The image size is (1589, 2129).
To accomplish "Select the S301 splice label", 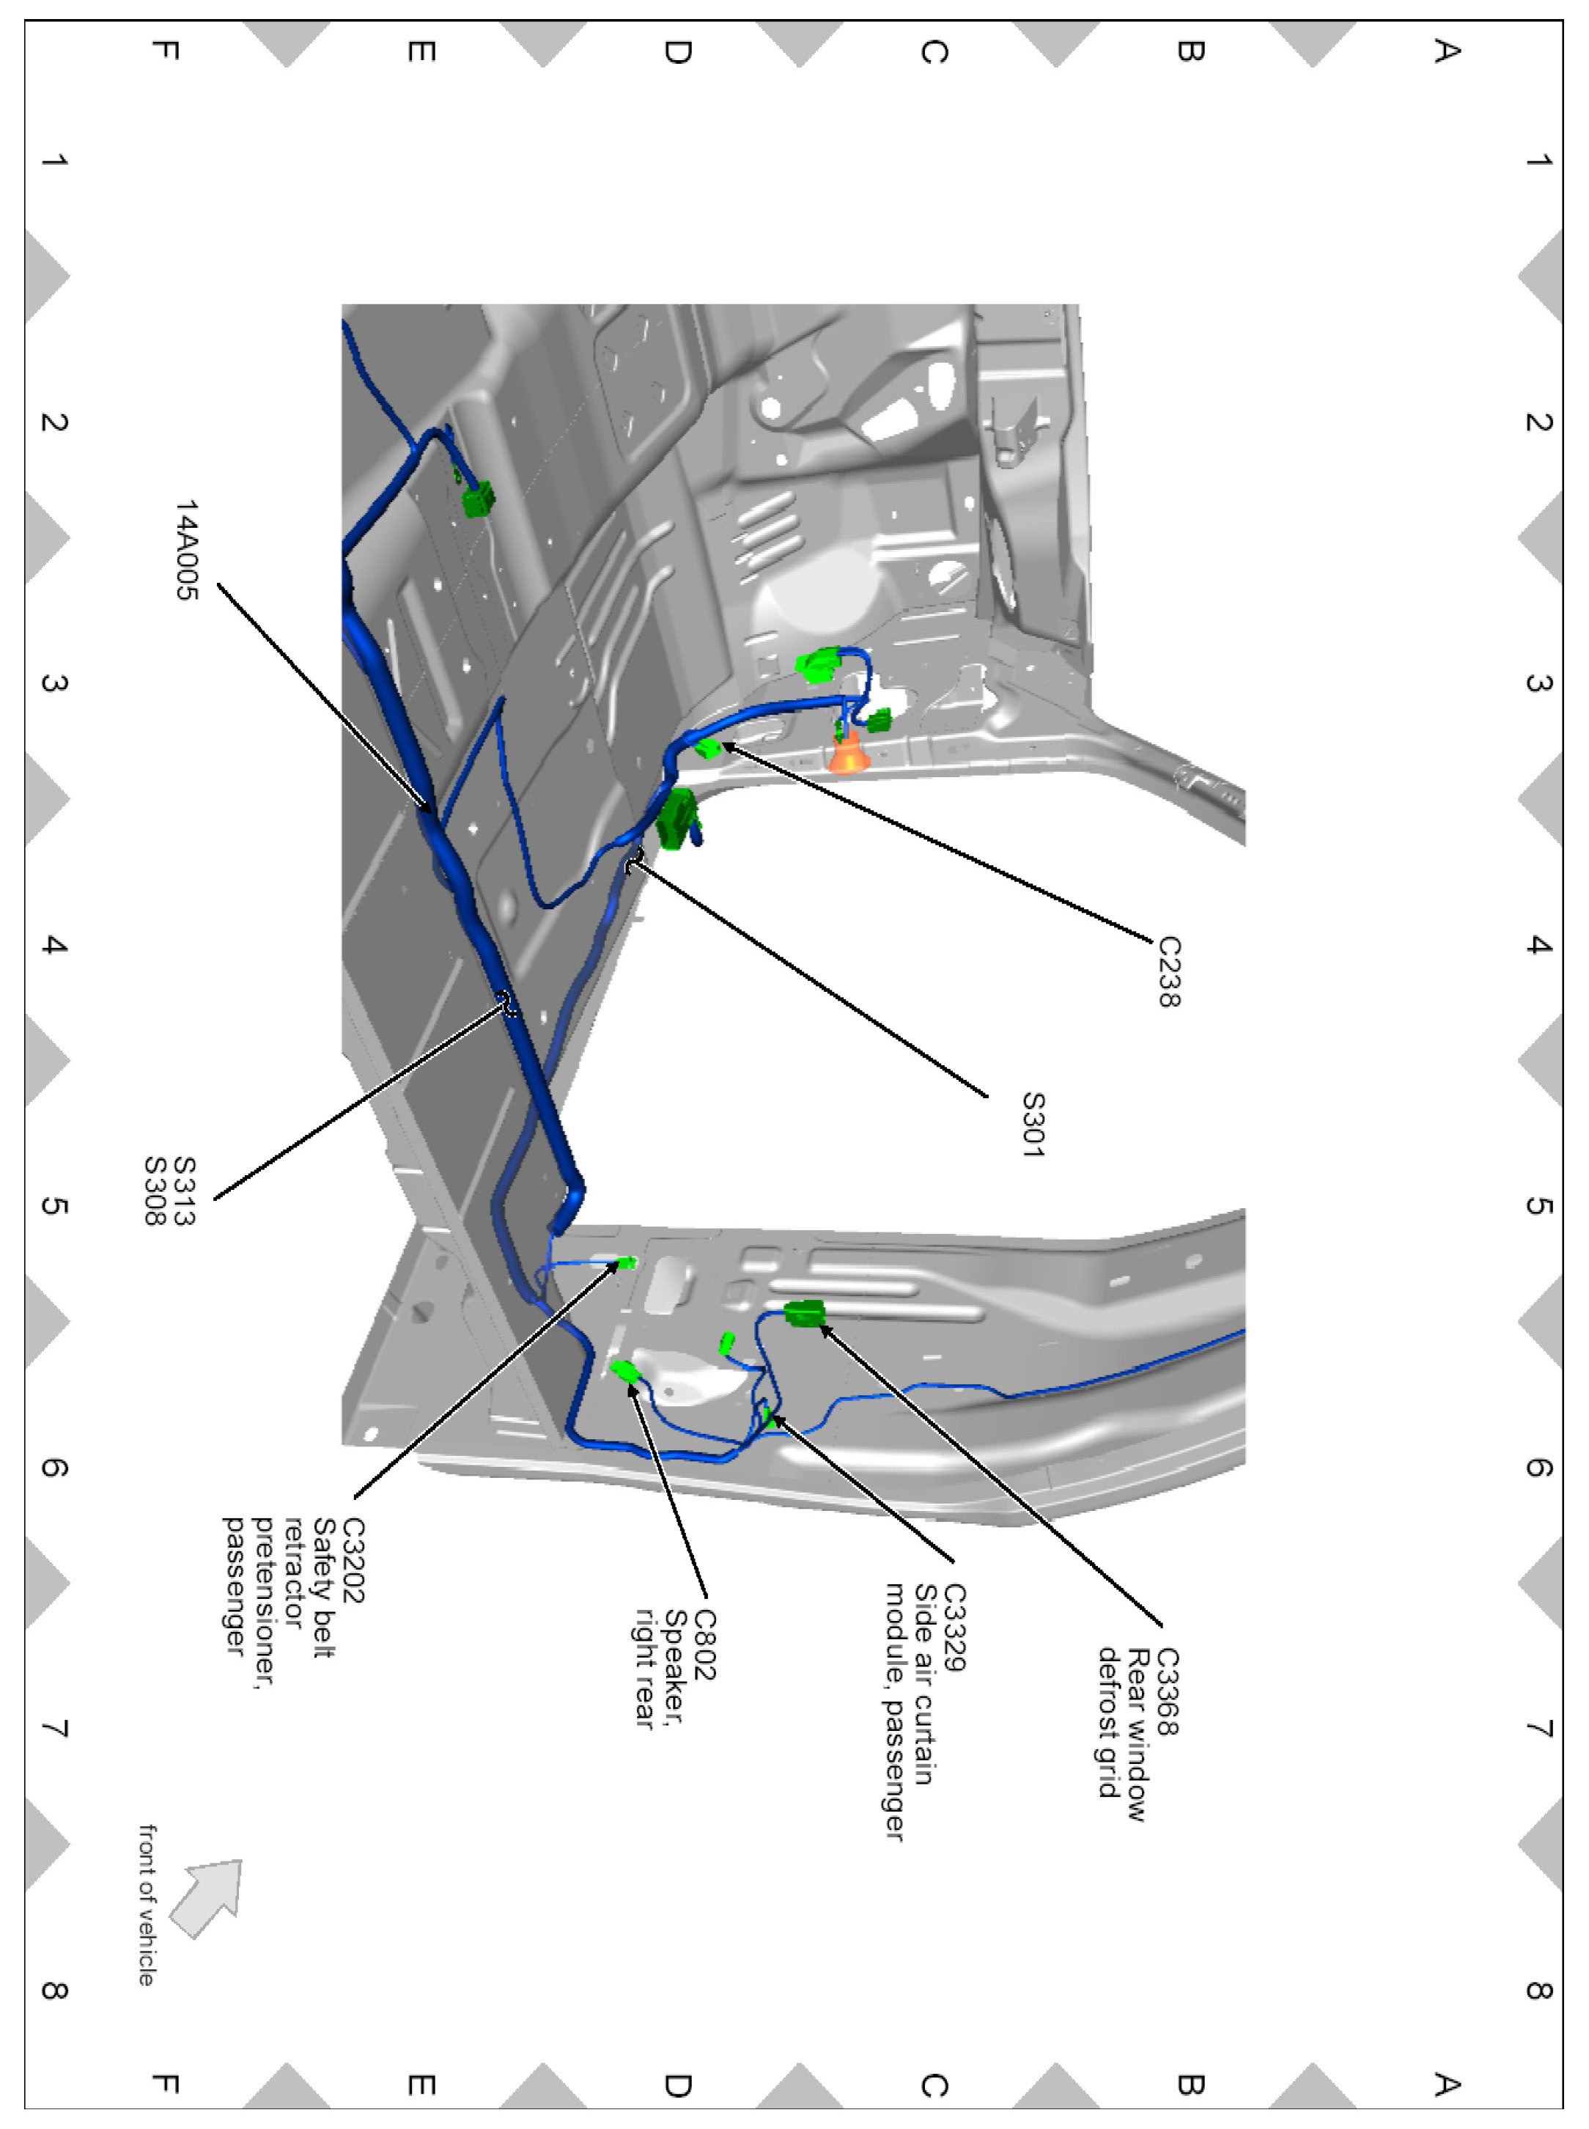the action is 1032,1124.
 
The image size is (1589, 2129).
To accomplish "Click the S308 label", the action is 155,1191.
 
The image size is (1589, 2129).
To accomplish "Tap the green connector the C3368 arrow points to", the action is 804,1312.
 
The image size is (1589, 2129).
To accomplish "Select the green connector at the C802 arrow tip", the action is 625,1371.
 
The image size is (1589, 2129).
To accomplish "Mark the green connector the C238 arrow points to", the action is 708,748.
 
